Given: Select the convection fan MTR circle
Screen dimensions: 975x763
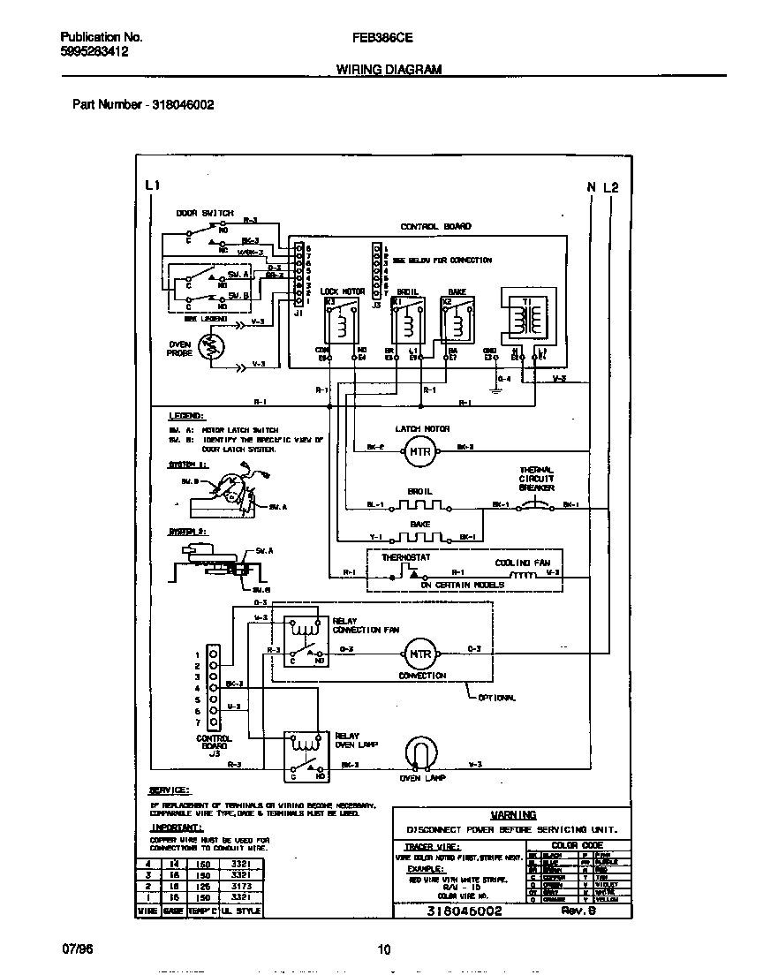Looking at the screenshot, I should pyautogui.click(x=419, y=654).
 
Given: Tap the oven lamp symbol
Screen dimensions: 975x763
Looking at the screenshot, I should pyautogui.click(x=420, y=753).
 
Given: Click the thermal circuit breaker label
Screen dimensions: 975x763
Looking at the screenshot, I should pyautogui.click(x=537, y=479).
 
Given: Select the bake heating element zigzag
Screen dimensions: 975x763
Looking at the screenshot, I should pyautogui.click(x=419, y=536).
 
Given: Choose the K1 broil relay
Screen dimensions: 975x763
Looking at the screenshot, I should pyautogui.click(x=406, y=321).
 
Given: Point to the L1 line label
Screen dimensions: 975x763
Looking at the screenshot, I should pyautogui.click(x=152, y=186).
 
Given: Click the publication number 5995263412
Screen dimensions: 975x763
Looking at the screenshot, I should pyautogui.click(x=94, y=52).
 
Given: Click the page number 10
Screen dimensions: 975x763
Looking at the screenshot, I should pyautogui.click(x=383, y=950).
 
